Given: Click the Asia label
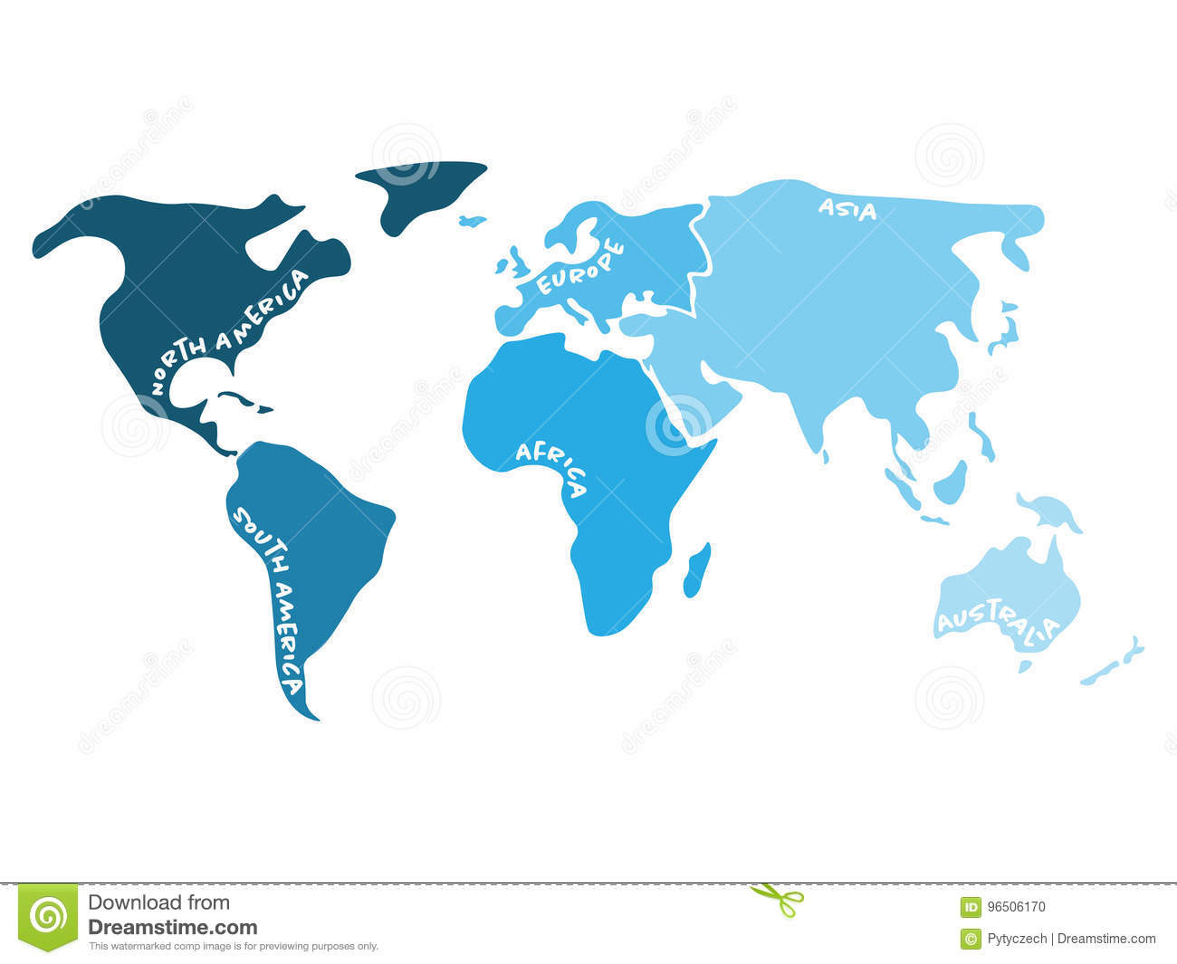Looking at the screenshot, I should [847, 209].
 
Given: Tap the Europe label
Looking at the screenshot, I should [580, 266].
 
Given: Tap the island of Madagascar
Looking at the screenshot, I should [696, 569].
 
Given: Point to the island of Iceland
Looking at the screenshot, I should [472, 220].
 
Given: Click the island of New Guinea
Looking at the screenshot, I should [1050, 511].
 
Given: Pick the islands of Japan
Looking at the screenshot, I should [1003, 330].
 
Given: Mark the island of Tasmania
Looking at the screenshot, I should [1025, 666].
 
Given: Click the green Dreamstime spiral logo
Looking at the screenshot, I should [48, 917].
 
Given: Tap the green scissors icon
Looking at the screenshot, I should [778, 898].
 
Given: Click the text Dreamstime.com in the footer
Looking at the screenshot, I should [172, 927].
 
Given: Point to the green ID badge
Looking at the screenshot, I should [971, 906].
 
